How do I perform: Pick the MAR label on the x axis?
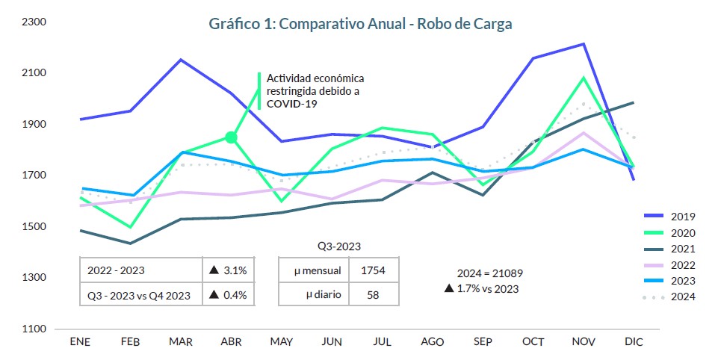tap(180, 342)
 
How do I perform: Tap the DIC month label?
tap(634, 342)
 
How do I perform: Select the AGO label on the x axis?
tap(433, 342)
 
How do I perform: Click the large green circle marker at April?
tap(232, 137)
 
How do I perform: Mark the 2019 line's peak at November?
tap(584, 43)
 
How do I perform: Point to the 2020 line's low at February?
tap(131, 227)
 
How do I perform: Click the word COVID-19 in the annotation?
tap(292, 105)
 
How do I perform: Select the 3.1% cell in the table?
tap(228, 270)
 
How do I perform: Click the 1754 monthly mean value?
tap(374, 270)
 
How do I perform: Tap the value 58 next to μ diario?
tap(374, 295)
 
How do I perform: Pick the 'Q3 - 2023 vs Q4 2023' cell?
tap(139, 296)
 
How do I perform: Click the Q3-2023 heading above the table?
tap(339, 246)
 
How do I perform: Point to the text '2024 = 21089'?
tap(489, 273)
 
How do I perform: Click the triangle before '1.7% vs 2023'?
tap(449, 289)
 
